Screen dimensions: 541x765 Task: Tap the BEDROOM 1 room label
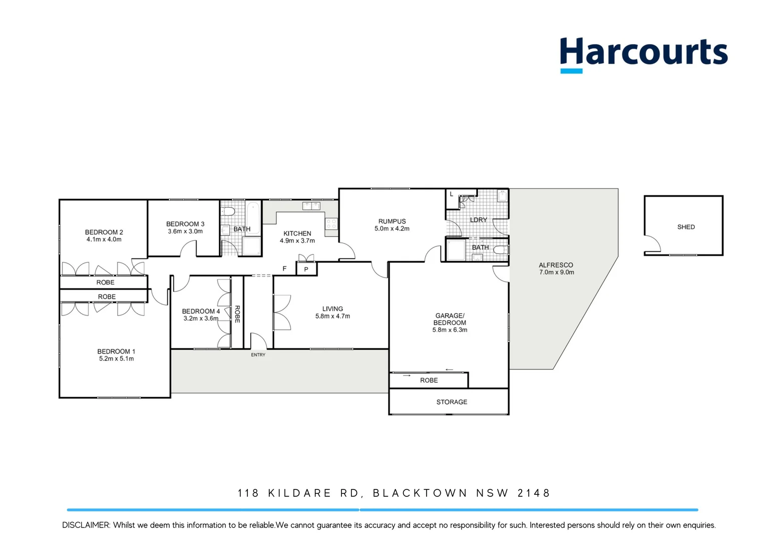tap(116, 352)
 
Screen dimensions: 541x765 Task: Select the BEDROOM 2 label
tap(104, 232)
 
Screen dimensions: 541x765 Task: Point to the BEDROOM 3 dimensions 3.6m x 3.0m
tap(185, 231)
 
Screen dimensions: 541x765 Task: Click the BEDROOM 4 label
tap(201, 311)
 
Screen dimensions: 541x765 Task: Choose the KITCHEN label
tap(297, 233)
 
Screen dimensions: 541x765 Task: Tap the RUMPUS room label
tap(392, 221)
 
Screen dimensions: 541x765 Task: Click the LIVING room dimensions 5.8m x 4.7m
tap(332, 316)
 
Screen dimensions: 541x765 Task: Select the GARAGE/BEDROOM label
tap(450, 319)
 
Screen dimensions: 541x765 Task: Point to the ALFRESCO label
tap(556, 265)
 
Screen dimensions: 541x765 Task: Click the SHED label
tap(686, 227)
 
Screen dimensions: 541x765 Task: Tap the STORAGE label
tap(452, 402)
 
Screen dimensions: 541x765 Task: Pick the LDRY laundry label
tap(478, 220)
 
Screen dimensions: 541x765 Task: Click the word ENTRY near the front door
tap(258, 355)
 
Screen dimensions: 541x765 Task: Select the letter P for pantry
tap(306, 269)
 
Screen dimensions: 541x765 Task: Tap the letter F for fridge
tap(284, 268)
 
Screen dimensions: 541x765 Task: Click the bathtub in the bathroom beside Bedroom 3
tap(253, 217)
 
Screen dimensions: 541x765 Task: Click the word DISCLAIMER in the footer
tap(86, 525)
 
